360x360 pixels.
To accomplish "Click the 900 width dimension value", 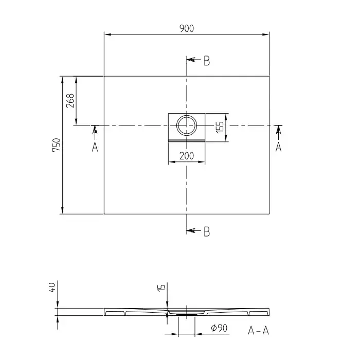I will point(187,29).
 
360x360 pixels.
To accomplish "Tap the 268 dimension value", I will point(70,100).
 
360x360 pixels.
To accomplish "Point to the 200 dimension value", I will point(186,156).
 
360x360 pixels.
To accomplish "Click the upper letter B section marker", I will point(206,61).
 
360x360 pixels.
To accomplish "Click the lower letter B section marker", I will point(206,232).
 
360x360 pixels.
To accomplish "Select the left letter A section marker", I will point(95,147).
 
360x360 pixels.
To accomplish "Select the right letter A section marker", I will point(278,147).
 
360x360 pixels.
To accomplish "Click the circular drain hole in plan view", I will point(186,124).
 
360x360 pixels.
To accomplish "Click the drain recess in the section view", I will point(186,312).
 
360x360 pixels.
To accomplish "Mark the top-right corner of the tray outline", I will point(269,76).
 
